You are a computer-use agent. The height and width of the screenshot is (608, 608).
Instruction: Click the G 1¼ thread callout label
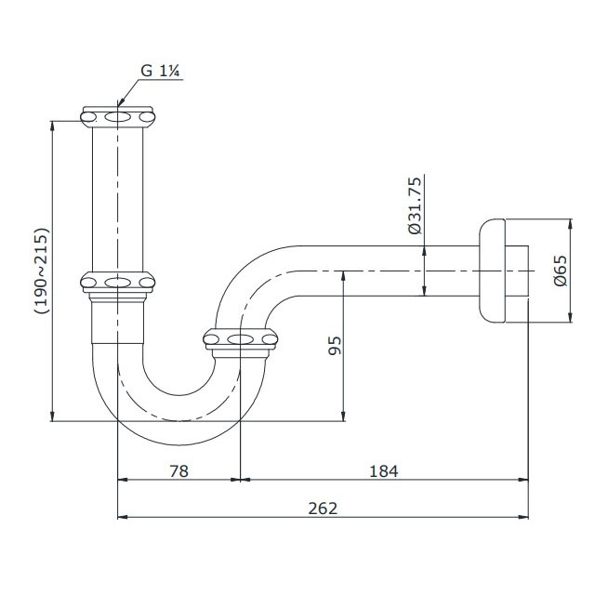160,71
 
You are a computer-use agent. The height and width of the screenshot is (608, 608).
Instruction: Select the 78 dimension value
179,471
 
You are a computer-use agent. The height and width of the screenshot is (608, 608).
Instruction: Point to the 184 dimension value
383,471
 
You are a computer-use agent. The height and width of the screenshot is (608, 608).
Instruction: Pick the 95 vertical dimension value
336,346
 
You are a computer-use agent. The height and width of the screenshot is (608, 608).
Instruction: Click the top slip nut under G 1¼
118,117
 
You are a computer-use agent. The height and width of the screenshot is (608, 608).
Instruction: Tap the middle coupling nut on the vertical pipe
117,282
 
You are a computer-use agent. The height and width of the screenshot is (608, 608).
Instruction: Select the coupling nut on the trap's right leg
240,340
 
